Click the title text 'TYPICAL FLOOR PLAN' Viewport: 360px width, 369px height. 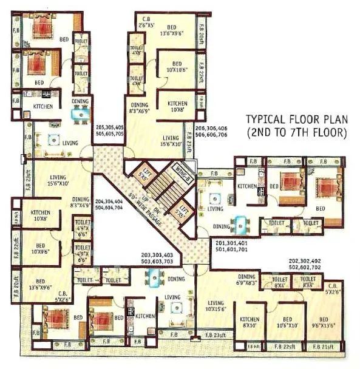tap(295, 120)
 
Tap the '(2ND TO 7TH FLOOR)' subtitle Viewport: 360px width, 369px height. tap(296, 132)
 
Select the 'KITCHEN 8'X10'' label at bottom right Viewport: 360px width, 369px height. tap(250, 323)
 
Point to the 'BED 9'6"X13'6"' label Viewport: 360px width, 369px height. tap(324, 323)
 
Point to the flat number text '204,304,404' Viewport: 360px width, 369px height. tap(110, 203)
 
